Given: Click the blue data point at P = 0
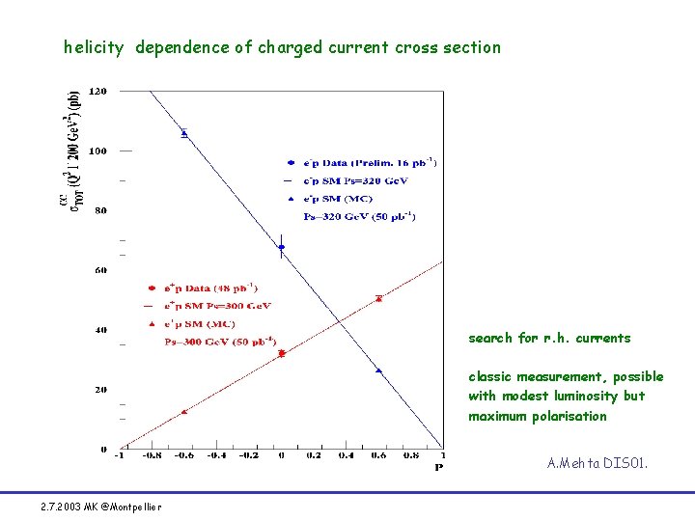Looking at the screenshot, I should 281,247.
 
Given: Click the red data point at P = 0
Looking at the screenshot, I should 282,353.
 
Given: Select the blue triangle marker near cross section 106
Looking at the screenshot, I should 184,133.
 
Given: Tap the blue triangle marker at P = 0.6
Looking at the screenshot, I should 378,370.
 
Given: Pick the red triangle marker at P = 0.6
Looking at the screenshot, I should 378,298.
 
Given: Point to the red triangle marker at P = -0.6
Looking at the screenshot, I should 184,412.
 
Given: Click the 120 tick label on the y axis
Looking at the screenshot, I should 97,91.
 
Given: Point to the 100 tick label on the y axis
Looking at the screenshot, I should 97,151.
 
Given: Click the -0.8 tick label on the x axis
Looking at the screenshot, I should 152,456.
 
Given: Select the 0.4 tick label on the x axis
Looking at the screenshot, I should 346,456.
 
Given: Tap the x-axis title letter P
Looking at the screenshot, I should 438,468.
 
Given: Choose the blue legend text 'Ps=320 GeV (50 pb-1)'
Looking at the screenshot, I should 360,217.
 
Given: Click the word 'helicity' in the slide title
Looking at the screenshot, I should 94,47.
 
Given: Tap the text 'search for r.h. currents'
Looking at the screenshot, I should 549,338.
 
